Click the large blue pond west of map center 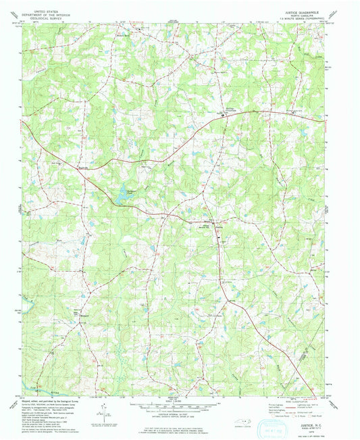click(x=122, y=194)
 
